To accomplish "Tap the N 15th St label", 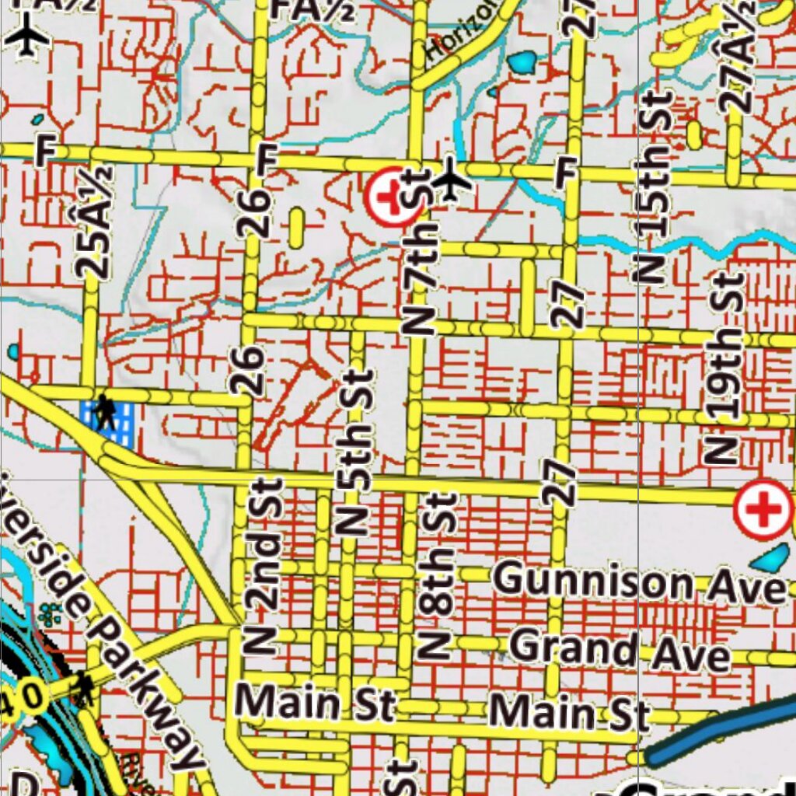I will point(655,187).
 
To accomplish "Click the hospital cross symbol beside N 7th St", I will point(388,197).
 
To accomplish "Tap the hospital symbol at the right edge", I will point(764,510).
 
